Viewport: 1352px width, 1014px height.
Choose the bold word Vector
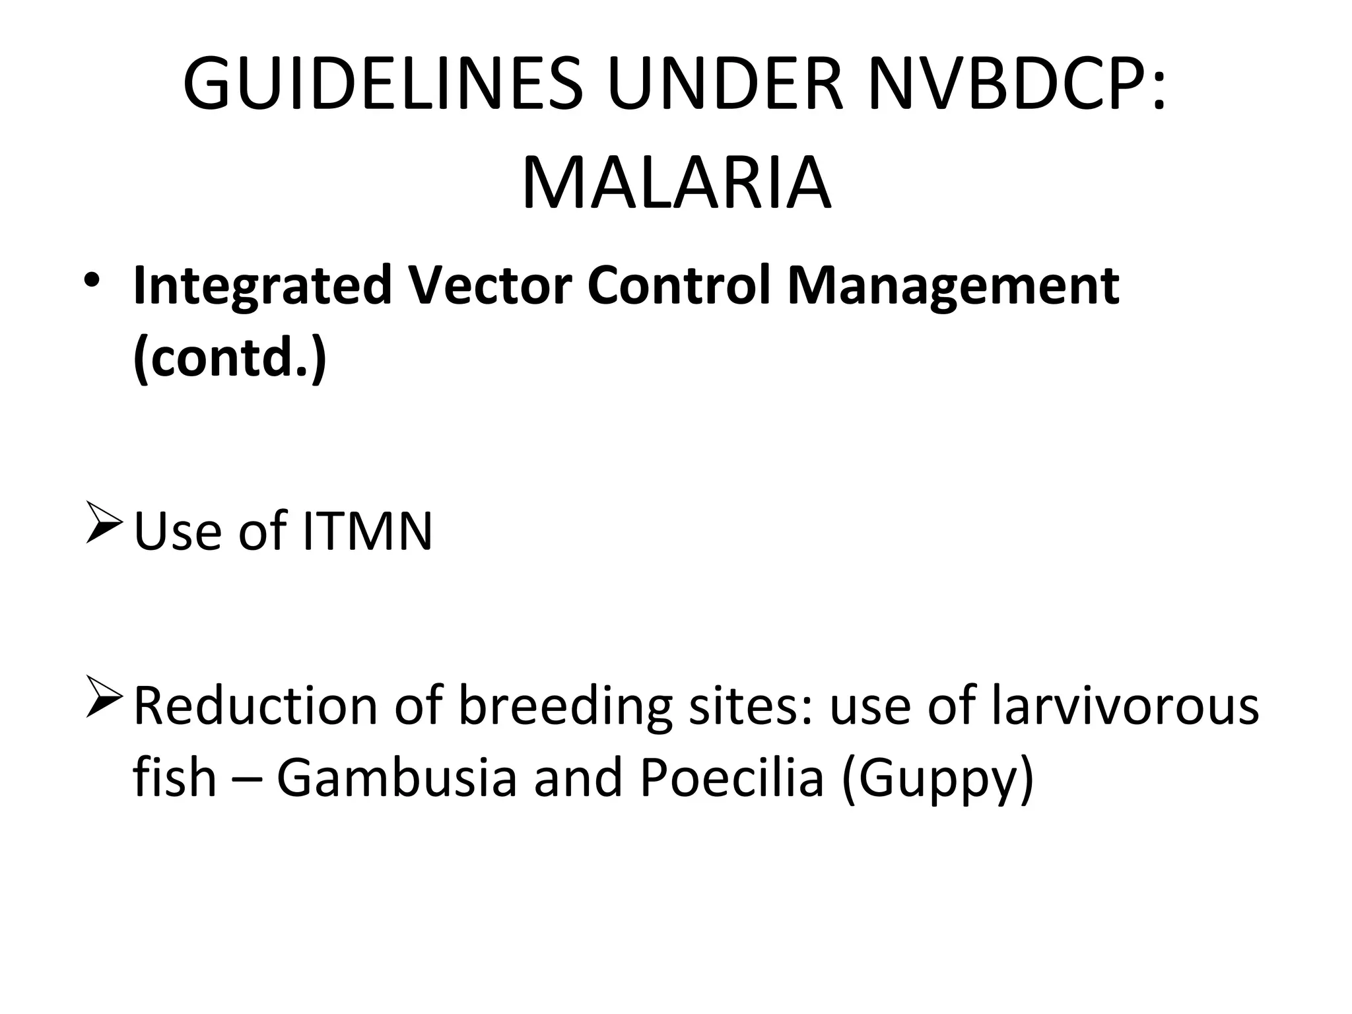click(x=489, y=285)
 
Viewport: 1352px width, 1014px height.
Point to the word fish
click(x=174, y=776)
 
